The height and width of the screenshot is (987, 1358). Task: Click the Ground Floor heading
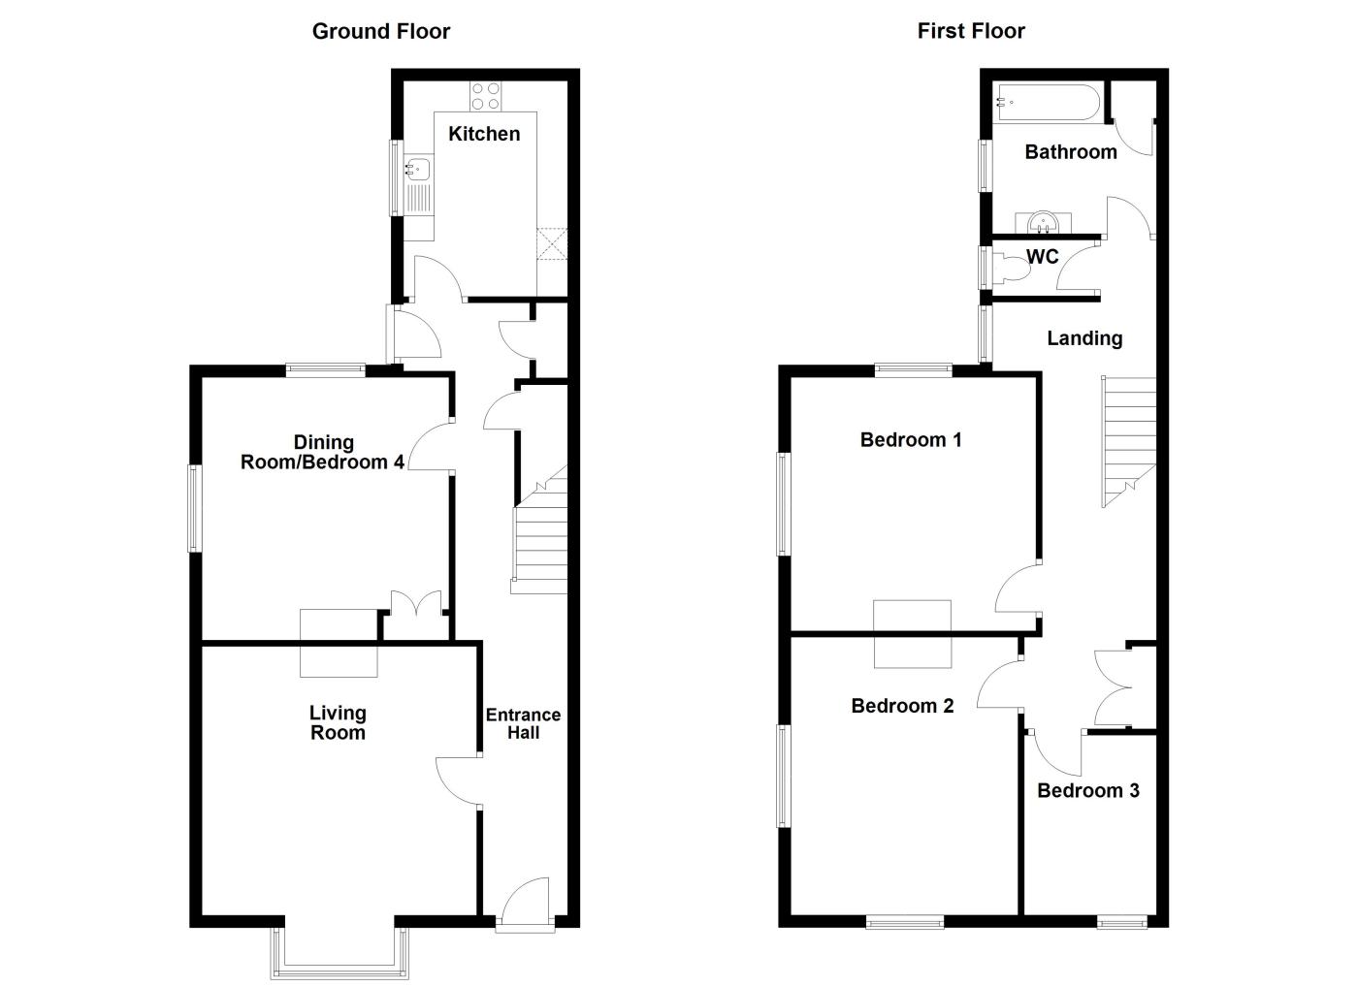pos(380,31)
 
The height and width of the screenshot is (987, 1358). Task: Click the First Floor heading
pos(971,31)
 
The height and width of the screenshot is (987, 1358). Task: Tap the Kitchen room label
pos(484,134)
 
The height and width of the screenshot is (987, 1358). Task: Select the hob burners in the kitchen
pos(486,96)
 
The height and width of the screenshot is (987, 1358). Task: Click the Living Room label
pos(338,722)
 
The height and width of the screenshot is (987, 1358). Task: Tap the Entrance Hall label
pos(523,723)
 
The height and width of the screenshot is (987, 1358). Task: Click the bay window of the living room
pos(339,950)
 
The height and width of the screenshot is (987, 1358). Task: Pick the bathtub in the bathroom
pos(1048,103)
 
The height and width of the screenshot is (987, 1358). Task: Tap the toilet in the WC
pos(1011,267)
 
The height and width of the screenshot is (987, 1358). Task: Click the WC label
pos(1043,257)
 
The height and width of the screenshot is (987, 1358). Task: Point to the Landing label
pos(1084,338)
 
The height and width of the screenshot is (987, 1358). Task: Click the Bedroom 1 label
pos(911,440)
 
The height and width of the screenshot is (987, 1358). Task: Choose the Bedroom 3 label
pos(1087,790)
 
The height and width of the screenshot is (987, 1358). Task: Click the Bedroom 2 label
pos(902,706)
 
